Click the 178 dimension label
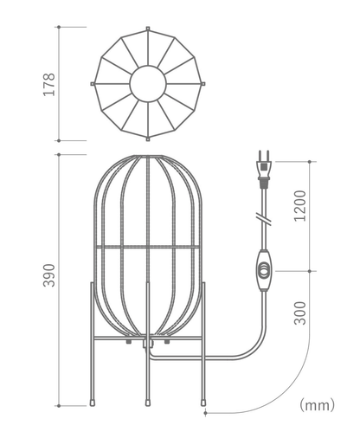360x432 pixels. (x=49, y=84)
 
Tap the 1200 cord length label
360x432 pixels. (x=299, y=206)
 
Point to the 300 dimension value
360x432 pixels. (x=299, y=312)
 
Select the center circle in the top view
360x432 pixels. (x=148, y=84)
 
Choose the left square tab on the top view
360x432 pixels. (x=92, y=84)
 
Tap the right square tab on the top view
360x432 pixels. (x=205, y=84)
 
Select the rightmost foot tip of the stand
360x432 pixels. (x=205, y=402)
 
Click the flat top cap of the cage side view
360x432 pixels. (x=148, y=157)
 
